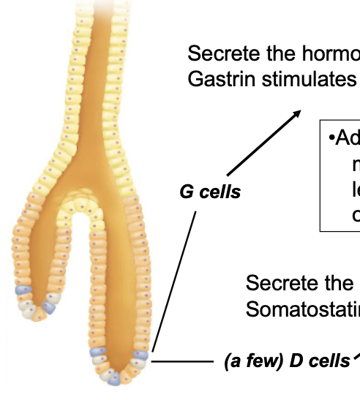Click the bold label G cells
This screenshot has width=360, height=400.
210,194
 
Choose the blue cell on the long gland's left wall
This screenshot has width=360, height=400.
98,354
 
